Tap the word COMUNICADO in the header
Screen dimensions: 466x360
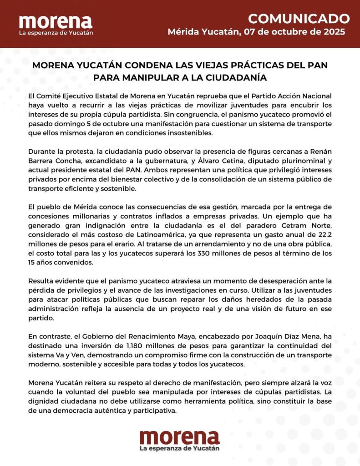299,19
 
